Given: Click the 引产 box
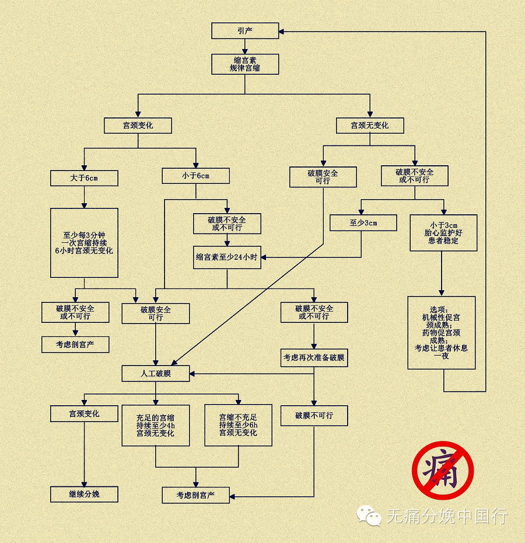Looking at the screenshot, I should click(245, 31).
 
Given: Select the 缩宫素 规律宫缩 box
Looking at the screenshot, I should click(245, 64).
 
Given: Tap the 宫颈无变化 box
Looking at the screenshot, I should click(369, 126).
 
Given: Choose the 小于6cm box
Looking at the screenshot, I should click(195, 176).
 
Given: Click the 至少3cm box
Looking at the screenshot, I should click(363, 222).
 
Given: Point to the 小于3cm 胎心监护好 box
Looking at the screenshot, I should click(443, 232).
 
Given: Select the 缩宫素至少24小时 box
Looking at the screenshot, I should click(227, 257).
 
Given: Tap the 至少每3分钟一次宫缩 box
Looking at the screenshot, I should click(84, 242).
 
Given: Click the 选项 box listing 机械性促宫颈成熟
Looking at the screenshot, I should click(441, 332).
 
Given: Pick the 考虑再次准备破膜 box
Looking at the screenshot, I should click(314, 358).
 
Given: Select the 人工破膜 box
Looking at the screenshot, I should click(156, 373).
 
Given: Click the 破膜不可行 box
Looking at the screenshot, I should click(314, 416).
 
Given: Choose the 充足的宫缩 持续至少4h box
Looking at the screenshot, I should click(156, 425).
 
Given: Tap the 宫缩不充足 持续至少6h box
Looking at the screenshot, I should click(238, 425).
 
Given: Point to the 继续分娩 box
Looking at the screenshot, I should click(84, 494).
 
